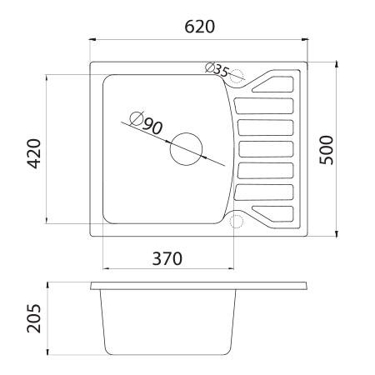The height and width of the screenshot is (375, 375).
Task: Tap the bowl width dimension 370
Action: [167, 258]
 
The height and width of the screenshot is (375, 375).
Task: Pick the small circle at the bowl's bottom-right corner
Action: [236, 222]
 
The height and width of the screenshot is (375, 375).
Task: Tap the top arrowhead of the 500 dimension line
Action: [337, 62]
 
